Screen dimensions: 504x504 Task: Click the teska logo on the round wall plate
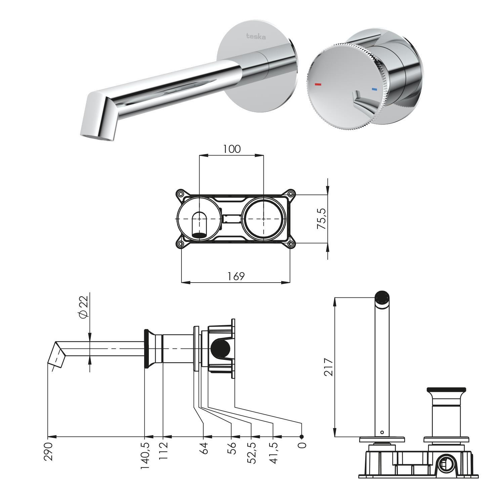(256, 36)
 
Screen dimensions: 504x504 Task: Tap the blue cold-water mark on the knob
(374, 90)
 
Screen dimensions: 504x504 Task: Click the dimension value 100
(232, 149)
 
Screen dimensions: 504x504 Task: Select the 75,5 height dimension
(322, 218)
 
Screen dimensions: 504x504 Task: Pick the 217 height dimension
(328, 367)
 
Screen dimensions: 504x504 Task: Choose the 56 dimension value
(232, 448)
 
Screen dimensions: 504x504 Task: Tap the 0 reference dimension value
(302, 445)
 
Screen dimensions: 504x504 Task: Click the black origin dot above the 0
(301, 436)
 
